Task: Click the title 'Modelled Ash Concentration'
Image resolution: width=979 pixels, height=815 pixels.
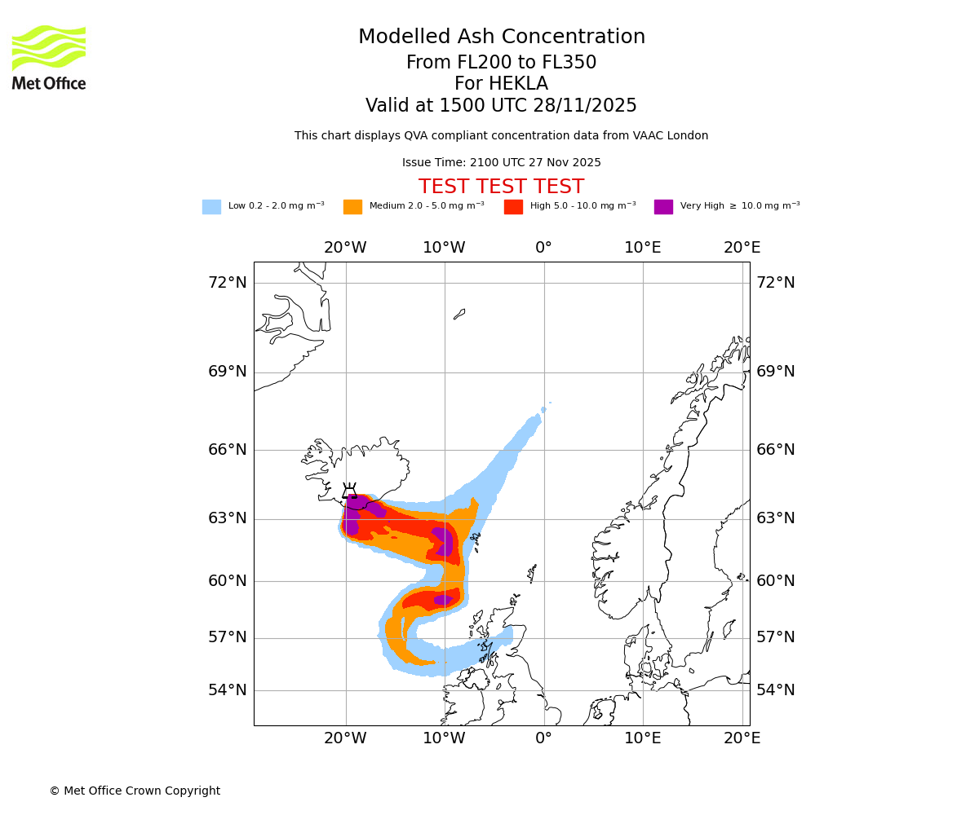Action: (x=502, y=37)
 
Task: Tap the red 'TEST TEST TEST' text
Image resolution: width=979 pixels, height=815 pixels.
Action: (x=501, y=187)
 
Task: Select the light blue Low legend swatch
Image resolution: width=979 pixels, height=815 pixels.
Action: (x=211, y=207)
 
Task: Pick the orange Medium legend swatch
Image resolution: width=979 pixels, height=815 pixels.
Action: (x=352, y=207)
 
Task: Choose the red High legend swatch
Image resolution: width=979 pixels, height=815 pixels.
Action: (x=513, y=207)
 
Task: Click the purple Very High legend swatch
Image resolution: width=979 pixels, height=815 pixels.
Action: (x=663, y=207)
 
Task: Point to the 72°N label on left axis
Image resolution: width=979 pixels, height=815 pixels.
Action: (x=227, y=283)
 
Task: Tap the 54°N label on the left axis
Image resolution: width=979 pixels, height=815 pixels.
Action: (x=227, y=690)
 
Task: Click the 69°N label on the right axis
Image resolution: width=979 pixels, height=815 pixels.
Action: (x=775, y=372)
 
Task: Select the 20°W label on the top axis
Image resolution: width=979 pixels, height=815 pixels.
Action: (x=345, y=248)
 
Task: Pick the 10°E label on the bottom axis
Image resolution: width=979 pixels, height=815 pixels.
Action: (x=643, y=738)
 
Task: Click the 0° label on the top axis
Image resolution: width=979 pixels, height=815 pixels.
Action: (x=543, y=248)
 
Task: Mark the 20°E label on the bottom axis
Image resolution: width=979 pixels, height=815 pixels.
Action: (x=742, y=738)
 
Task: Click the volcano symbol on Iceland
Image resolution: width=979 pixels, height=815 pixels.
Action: (x=350, y=491)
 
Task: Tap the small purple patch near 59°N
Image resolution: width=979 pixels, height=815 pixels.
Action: (x=443, y=600)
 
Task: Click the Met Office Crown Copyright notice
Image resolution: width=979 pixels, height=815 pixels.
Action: (x=135, y=791)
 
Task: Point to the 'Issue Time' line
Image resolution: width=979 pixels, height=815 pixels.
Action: (x=501, y=163)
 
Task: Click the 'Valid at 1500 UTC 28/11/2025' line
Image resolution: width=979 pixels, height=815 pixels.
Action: (x=501, y=106)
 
